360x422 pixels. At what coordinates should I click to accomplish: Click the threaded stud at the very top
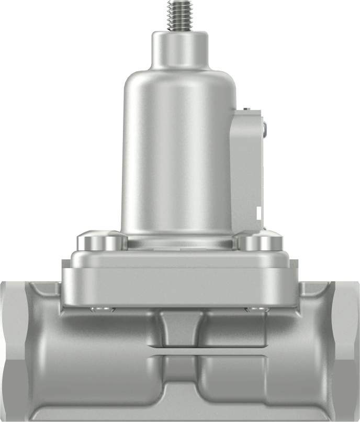179,15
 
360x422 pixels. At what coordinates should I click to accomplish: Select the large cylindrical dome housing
178,157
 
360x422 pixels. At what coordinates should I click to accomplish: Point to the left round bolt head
102,241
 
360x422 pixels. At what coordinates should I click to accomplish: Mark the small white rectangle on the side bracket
258,213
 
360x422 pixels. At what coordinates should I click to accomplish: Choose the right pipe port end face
346,351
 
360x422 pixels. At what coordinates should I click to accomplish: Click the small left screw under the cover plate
102,309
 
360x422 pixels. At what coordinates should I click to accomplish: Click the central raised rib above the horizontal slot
181,327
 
